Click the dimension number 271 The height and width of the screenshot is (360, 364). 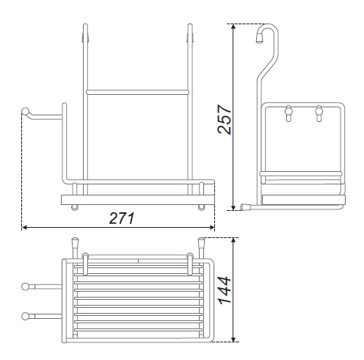pyautogui.click(x=122, y=218)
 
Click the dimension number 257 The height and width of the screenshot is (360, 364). pyautogui.click(x=225, y=119)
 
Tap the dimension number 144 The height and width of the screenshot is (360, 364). pyautogui.click(x=225, y=290)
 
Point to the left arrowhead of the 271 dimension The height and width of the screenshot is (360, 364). pyautogui.click(x=24, y=228)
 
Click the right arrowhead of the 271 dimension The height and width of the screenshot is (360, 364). pyautogui.click(x=212, y=228)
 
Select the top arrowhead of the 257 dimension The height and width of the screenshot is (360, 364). pyautogui.click(x=233, y=26)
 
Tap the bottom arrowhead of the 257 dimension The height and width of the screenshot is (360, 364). pyautogui.click(x=233, y=208)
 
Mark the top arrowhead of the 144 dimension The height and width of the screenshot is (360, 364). pyautogui.click(x=233, y=240)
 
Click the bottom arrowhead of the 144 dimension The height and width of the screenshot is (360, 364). pyautogui.click(x=233, y=339)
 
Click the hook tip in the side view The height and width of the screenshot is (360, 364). pyautogui.click(x=259, y=39)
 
